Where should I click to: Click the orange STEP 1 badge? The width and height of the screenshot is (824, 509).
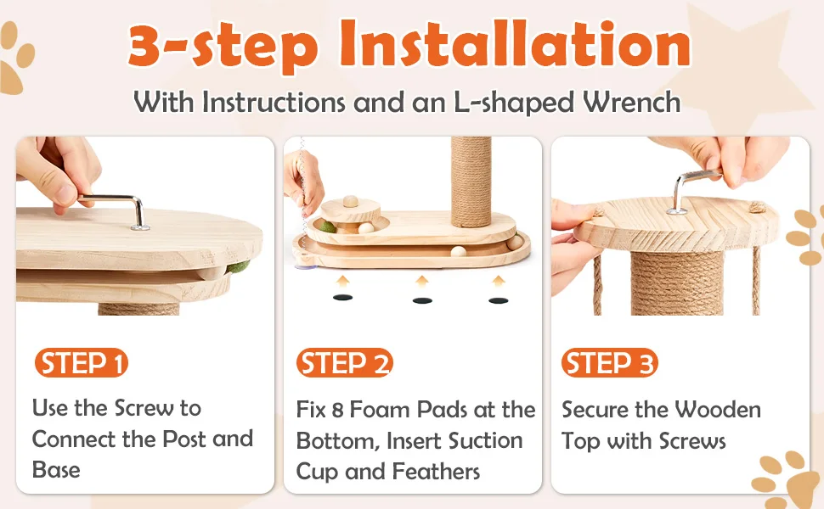click(x=81, y=364)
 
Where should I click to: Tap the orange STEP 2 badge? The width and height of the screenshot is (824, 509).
click(x=344, y=364)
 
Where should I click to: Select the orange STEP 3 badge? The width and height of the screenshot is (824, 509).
click(x=609, y=364)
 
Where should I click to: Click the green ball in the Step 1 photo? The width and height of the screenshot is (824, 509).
click(x=234, y=269)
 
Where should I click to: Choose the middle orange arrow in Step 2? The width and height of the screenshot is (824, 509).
click(x=421, y=281)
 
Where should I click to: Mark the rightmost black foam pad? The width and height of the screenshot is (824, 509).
click(x=498, y=299)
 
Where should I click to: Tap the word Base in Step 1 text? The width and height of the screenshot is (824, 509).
click(x=56, y=470)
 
